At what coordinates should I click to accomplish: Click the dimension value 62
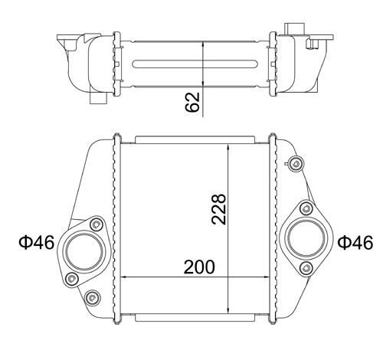[193, 101]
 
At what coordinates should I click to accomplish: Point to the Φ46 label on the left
[35, 244]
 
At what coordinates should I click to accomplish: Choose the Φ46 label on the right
[355, 243]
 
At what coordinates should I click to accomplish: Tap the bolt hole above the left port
[96, 224]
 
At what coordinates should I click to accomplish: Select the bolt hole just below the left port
[73, 277]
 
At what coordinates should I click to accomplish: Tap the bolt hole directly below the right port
[306, 267]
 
